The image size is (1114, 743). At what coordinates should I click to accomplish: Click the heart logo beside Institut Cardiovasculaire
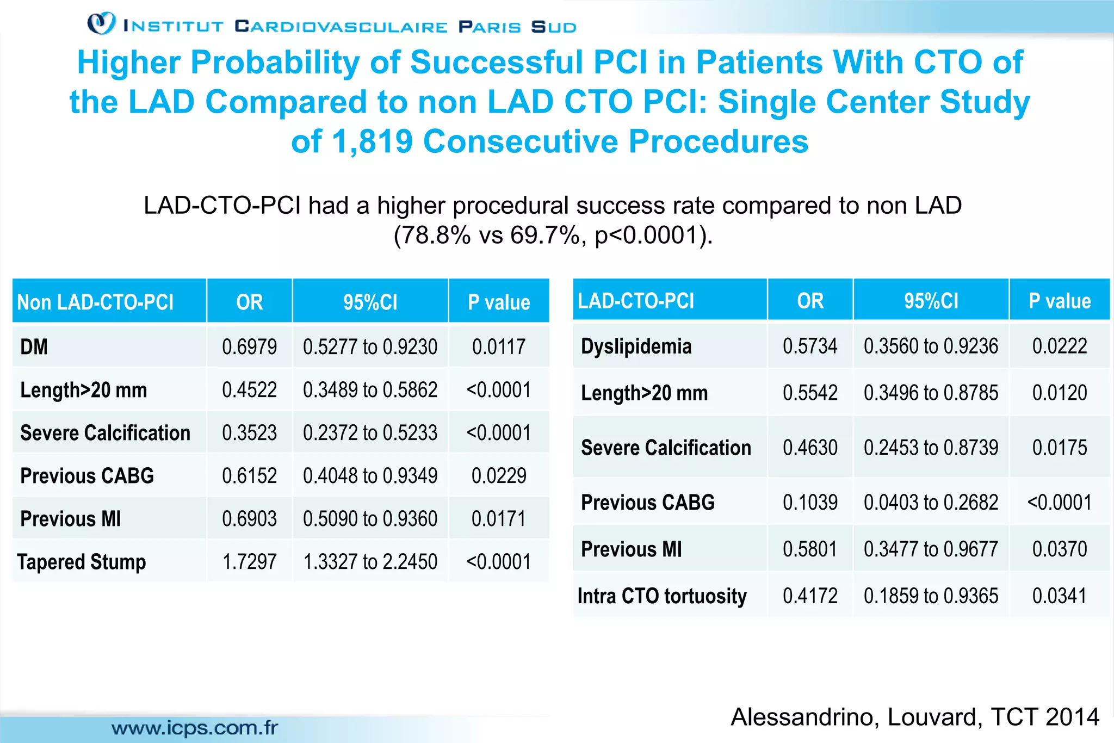point(101,23)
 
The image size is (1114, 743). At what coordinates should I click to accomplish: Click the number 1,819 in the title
point(372,141)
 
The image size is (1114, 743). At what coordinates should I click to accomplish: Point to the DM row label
point(34,347)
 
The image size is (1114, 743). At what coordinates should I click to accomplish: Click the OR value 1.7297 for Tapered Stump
point(249,562)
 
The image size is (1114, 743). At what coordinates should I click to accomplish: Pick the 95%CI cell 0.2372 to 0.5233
point(370,433)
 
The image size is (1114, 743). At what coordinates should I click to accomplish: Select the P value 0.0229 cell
point(498,476)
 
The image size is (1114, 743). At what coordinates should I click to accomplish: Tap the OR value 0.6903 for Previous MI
point(249,519)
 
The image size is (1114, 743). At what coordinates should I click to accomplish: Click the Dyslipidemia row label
point(636,346)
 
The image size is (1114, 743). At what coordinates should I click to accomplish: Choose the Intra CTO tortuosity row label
point(661,596)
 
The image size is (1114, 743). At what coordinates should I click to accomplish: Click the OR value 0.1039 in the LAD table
point(810,503)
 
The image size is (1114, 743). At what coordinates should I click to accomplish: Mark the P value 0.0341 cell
point(1059,596)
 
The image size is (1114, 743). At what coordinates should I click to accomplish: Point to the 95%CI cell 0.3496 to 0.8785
point(931,393)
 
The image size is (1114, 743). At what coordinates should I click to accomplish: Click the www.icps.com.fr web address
point(195,728)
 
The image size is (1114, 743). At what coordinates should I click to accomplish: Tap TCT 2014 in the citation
point(1044,717)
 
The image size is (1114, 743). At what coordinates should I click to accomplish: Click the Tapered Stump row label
point(82,562)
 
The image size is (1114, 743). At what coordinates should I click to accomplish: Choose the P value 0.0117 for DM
point(498,347)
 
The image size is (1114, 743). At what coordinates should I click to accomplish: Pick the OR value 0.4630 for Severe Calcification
point(810,448)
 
